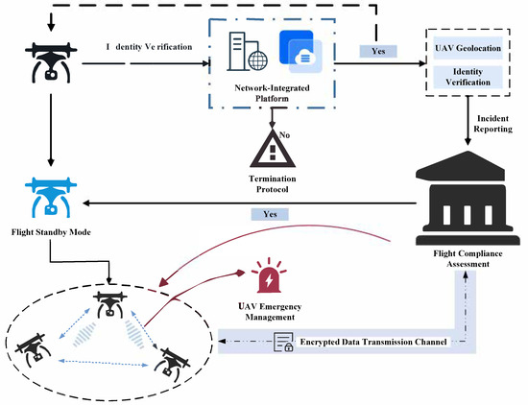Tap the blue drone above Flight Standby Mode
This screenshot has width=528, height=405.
click(x=45, y=195)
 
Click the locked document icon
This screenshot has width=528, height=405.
click(x=285, y=340)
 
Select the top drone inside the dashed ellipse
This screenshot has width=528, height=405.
click(x=107, y=303)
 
